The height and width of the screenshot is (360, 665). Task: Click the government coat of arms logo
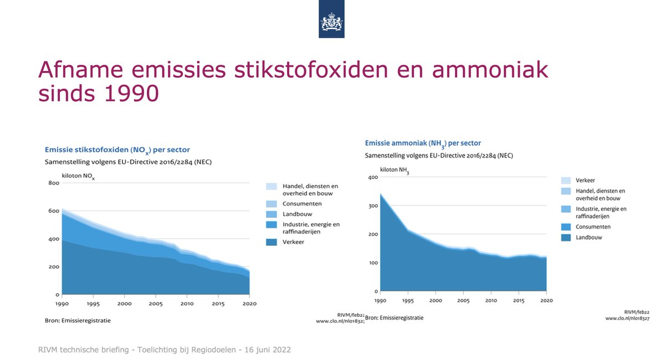[331, 22]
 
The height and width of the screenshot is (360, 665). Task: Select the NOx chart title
[117, 150]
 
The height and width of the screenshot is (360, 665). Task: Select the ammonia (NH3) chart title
[422, 143]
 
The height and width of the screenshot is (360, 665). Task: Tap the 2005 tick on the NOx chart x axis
[156, 304]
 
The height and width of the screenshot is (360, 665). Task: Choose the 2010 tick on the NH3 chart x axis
[490, 301]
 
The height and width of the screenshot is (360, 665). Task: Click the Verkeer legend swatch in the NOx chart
[271, 242]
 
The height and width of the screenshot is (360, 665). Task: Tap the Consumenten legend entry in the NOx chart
[302, 204]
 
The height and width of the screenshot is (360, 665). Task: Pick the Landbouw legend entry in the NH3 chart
[589, 238]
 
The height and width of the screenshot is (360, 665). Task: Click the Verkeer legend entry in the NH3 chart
[585, 181]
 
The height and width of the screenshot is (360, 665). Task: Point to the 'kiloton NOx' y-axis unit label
[78, 176]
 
